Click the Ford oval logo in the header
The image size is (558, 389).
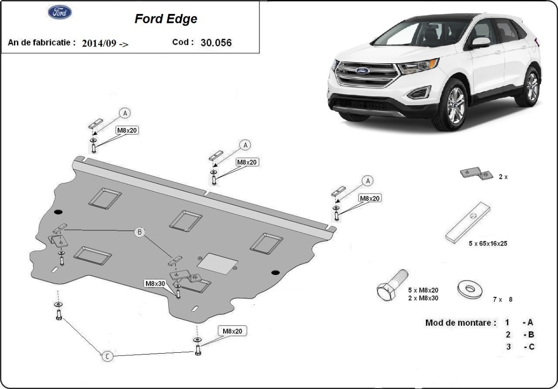pos(60,13)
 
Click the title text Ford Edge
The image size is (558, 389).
pos(166,19)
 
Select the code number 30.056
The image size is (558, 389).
pos(216,42)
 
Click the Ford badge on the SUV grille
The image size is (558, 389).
pos(363,71)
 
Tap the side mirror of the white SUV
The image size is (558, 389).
pos(480,43)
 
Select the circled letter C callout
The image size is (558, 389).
pos(107,356)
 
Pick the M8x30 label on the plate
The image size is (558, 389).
pos(155,283)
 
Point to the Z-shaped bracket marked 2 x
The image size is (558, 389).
pos(477,174)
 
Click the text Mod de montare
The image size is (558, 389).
pos(460,322)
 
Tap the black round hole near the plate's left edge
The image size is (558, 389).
pos(58,213)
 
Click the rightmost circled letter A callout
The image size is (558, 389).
pos(368,181)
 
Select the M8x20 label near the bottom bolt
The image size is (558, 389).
pos(232,331)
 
